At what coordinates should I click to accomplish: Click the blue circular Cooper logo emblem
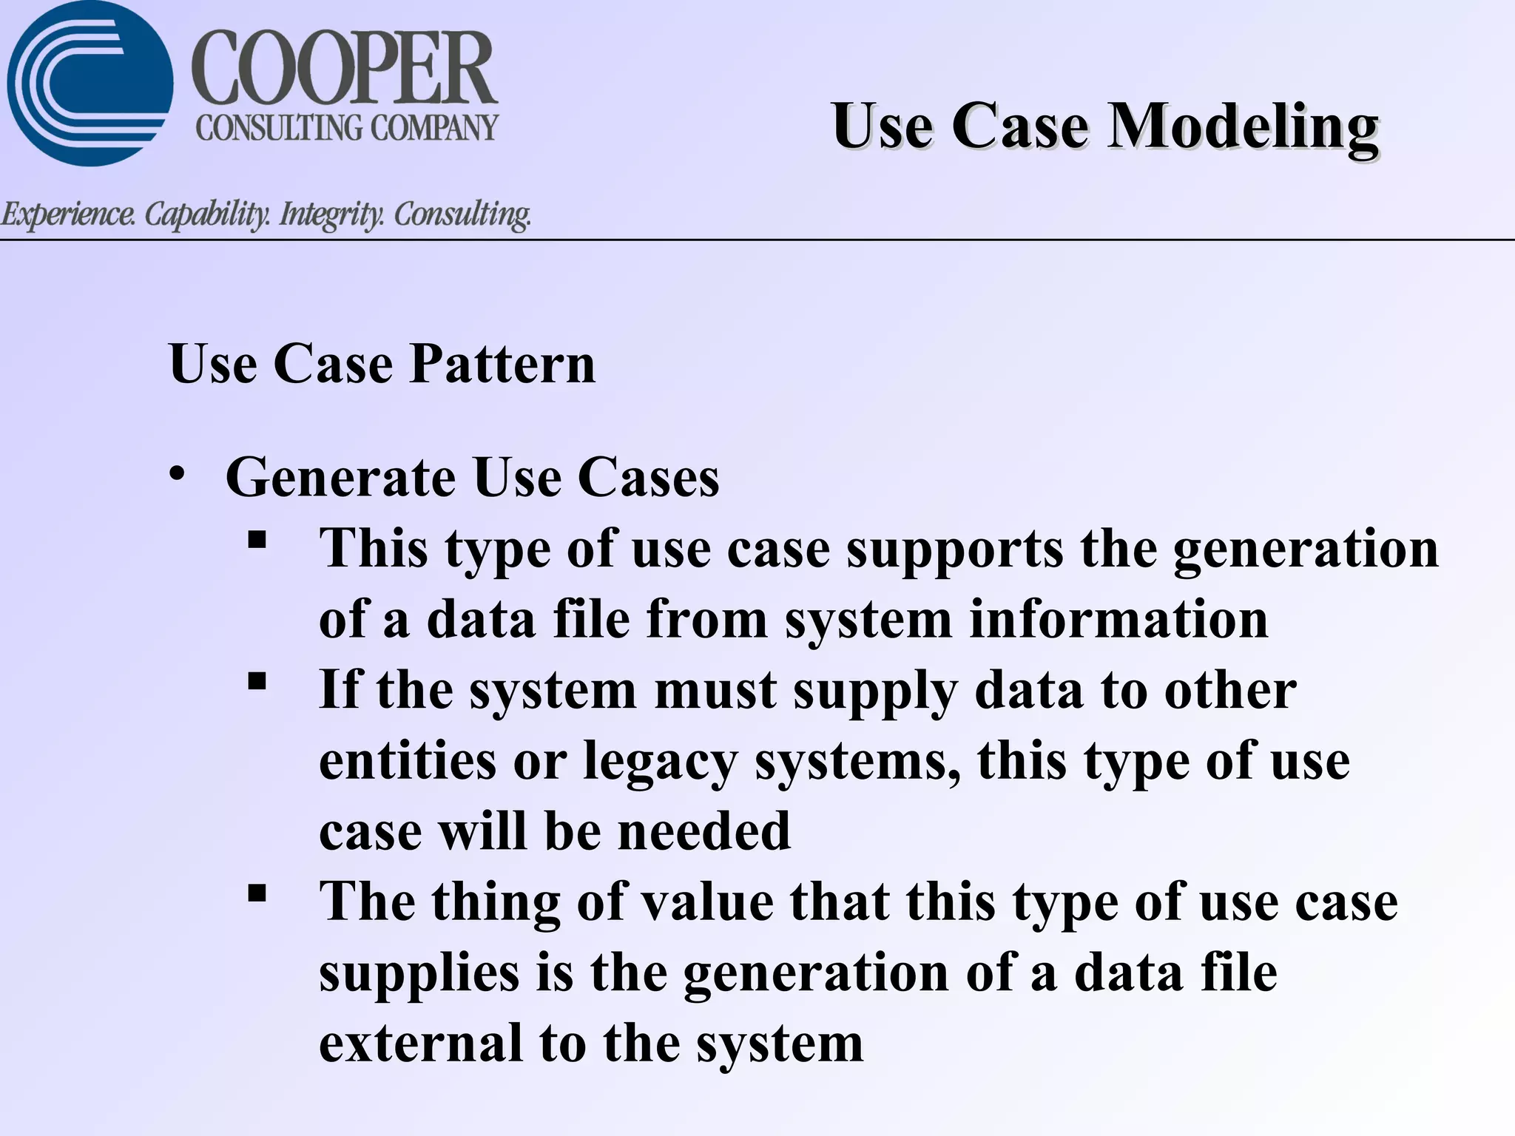(89, 83)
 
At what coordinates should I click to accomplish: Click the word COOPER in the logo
(345, 70)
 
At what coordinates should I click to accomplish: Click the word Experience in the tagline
(68, 214)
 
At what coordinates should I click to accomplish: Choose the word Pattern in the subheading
(502, 364)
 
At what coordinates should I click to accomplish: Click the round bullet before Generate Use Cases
(176, 474)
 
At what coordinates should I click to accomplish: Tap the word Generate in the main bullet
(340, 478)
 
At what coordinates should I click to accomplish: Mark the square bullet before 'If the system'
(257, 680)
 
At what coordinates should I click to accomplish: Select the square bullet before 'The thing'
(257, 893)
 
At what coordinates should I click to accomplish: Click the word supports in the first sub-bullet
(955, 550)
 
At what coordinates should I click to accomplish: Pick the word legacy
(660, 762)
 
